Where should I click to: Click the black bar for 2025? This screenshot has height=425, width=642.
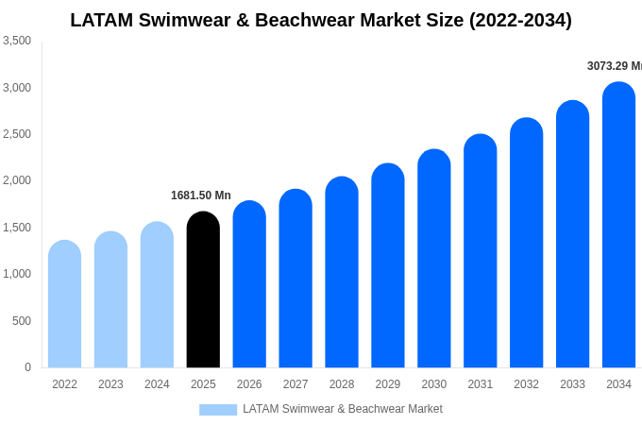(203, 290)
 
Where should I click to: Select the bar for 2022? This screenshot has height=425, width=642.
(64, 304)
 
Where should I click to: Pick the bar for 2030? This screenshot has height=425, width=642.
(434, 259)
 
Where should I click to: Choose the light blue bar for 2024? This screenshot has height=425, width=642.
(157, 295)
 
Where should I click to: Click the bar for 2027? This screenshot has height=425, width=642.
(296, 279)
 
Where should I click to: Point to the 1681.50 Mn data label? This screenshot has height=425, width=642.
(200, 195)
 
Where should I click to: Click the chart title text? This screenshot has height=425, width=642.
(321, 20)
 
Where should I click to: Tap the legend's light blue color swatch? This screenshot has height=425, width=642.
(218, 410)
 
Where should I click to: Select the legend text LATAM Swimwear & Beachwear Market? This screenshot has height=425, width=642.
(342, 409)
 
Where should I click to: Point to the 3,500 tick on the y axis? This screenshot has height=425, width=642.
(17, 41)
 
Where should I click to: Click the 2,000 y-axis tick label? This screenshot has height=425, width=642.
(17, 180)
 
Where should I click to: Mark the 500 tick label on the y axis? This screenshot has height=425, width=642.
(21, 321)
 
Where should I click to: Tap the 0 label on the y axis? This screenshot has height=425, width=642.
(27, 367)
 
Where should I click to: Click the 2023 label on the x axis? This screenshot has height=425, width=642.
(110, 384)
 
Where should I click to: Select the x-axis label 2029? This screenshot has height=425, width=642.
(388, 384)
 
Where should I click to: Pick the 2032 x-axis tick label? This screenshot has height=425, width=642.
(527, 384)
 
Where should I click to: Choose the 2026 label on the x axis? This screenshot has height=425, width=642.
(249, 384)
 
